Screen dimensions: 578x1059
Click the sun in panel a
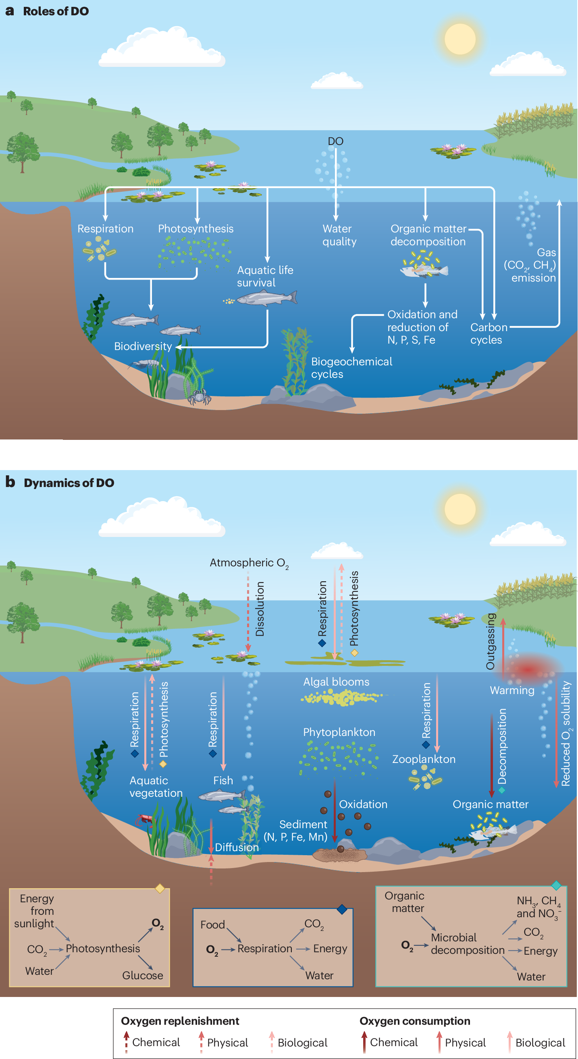point(460,39)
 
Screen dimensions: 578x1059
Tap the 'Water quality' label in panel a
point(339,235)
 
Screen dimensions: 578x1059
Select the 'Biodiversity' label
point(143,346)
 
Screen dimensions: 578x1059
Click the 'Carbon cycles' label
point(489,334)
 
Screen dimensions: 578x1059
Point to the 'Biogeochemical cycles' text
point(352,367)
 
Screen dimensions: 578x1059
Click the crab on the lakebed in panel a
point(199,397)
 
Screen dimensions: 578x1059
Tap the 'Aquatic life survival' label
point(265,276)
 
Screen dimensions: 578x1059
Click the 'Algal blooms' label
point(336,682)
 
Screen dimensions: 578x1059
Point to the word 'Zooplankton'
point(424,759)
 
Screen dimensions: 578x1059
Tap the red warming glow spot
point(529,669)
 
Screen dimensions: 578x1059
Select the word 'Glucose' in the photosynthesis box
point(142,975)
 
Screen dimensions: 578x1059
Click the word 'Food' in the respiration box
point(212,924)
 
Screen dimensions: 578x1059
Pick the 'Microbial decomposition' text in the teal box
point(468,943)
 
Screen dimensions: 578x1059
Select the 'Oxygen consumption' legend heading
point(415,1021)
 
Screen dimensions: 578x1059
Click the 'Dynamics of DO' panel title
point(69,483)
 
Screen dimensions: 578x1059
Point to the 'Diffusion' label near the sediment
point(237,847)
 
